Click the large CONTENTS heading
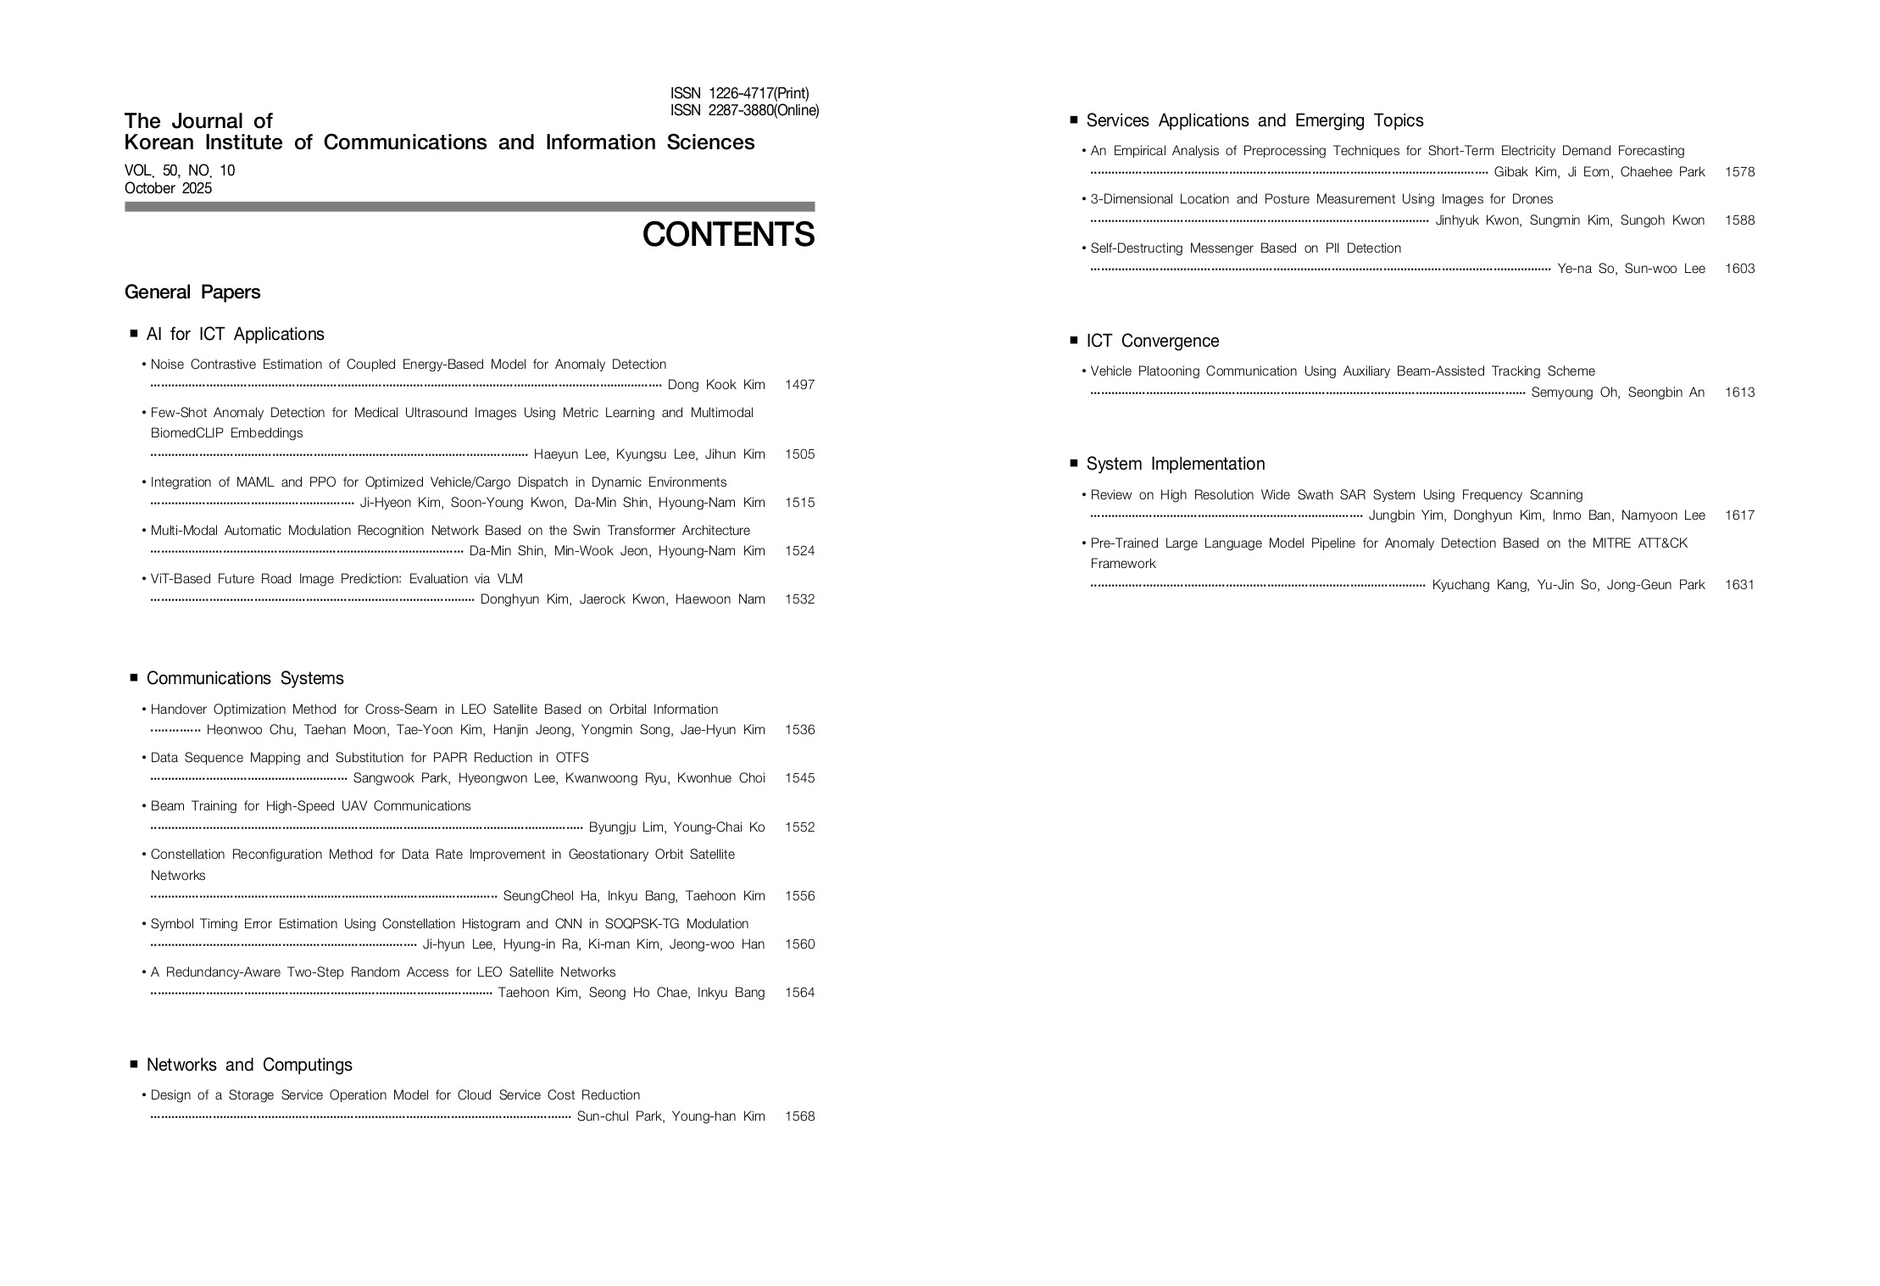[x=728, y=235]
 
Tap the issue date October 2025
[x=168, y=188]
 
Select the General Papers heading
[x=192, y=292]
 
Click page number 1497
[x=799, y=385]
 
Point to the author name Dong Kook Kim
[x=716, y=385]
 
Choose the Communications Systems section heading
[x=245, y=678]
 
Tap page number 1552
[x=799, y=827]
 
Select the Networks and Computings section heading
[x=249, y=1065]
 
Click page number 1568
[x=799, y=1116]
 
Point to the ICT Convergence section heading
[x=1152, y=341]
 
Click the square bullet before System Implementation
[x=1074, y=464]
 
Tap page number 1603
[x=1739, y=269]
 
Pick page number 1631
[x=1739, y=585]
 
